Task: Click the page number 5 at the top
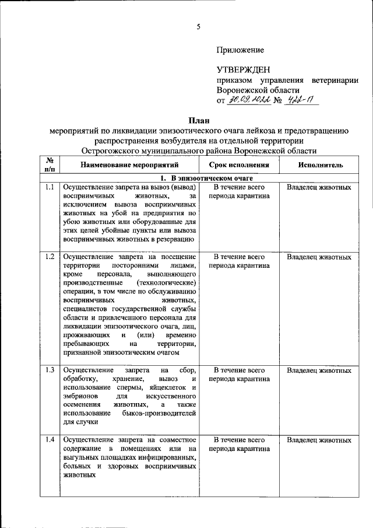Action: click(x=198, y=26)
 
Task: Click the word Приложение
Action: click(x=240, y=50)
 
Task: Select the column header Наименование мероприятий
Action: click(x=129, y=165)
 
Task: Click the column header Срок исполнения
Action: click(x=240, y=165)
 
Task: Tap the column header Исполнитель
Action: click(x=320, y=165)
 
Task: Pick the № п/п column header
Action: click(x=50, y=165)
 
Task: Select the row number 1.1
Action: click(x=50, y=188)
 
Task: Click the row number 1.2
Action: click(x=50, y=257)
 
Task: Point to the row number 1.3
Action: click(x=50, y=370)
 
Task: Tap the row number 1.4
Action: click(x=50, y=440)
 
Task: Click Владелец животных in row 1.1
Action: click(x=319, y=188)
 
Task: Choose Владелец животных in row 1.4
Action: click(x=319, y=440)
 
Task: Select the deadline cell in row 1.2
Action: click(x=240, y=261)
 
